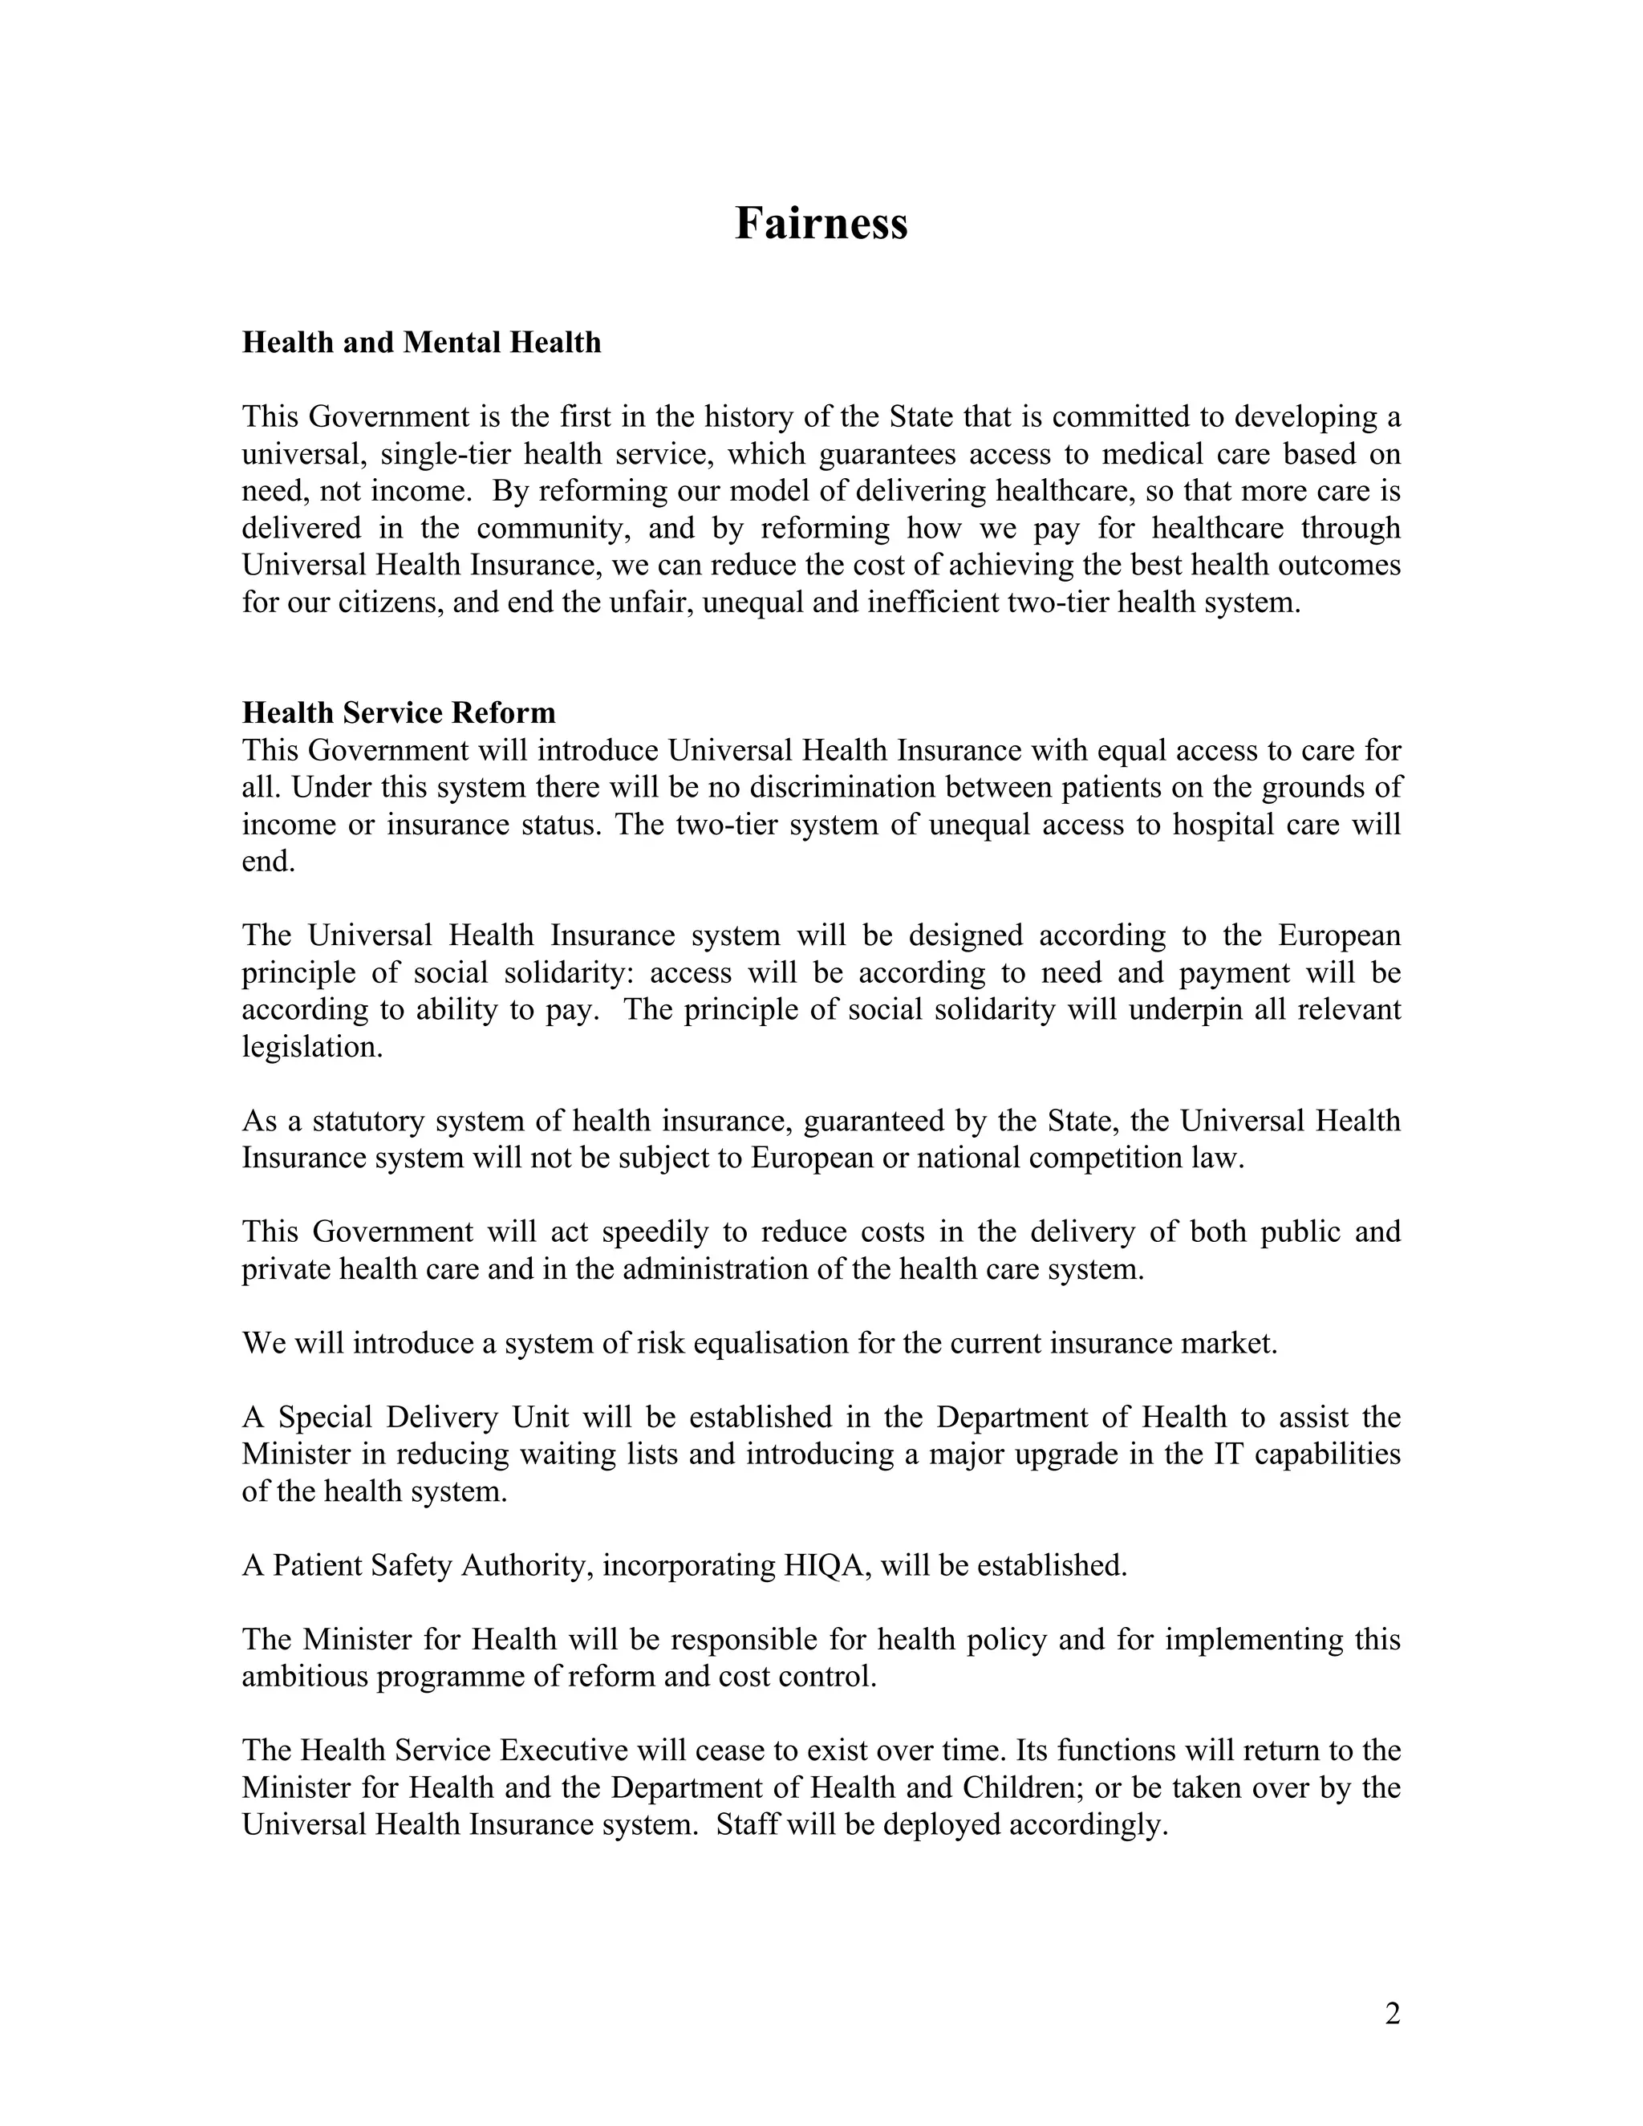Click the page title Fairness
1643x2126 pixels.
tap(821, 223)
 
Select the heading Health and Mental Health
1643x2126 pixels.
tap(421, 343)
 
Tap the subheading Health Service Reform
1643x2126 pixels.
tap(398, 712)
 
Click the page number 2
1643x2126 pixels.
tap(1392, 2013)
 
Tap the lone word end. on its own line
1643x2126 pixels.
tap(268, 862)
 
